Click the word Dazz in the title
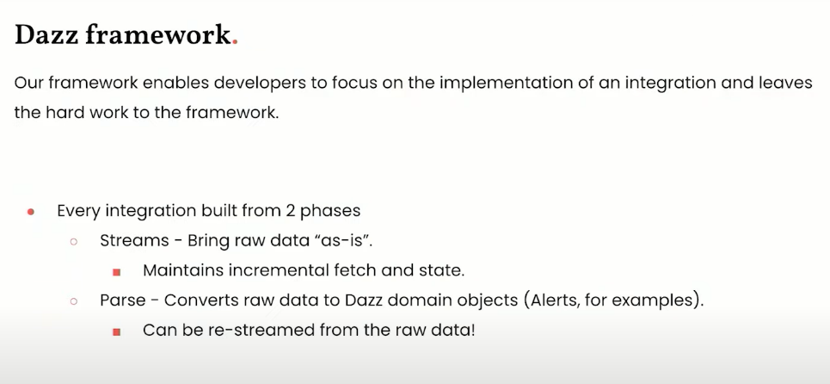(46, 35)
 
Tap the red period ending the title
(235, 42)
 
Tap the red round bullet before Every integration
(31, 212)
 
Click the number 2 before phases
(290, 211)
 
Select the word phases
(330, 211)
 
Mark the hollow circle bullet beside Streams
(74, 242)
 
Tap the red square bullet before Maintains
(116, 272)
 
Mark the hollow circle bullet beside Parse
(74, 301)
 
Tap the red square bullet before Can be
(116, 332)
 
